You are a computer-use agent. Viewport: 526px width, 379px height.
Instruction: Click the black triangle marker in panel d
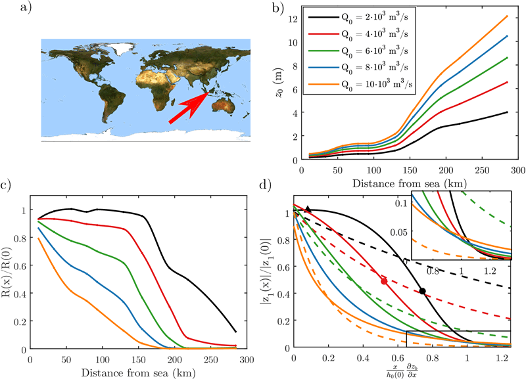pyautogui.click(x=308, y=210)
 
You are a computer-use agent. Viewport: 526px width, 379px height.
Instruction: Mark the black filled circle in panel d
pyautogui.click(x=423, y=291)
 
